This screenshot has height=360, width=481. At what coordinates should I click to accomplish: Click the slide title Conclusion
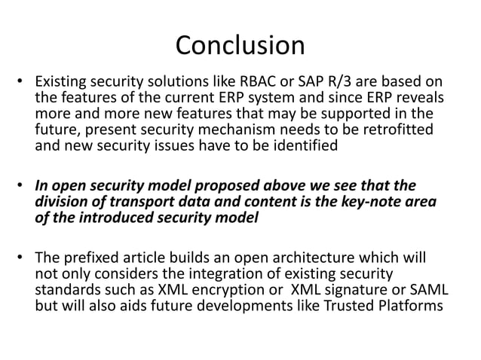[240, 46]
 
